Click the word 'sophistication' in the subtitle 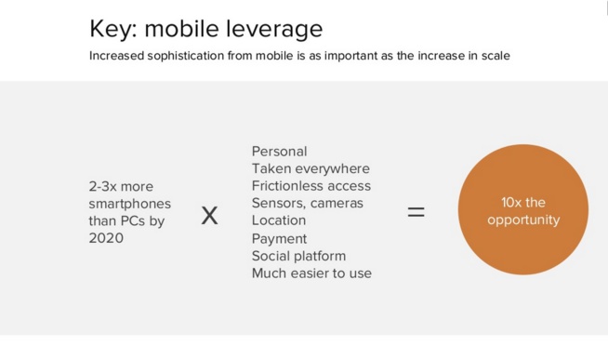click(188, 56)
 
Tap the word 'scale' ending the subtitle click(493, 56)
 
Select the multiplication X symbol click(209, 216)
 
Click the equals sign click(416, 212)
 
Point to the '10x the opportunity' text click(522, 211)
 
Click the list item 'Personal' click(279, 151)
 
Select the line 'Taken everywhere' click(311, 168)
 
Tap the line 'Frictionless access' click(311, 185)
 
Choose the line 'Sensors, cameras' click(307, 203)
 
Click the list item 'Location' click(278, 220)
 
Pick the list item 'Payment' click(279, 238)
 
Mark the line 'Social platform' click(298, 256)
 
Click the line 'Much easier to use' click(311, 273)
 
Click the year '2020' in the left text click(106, 238)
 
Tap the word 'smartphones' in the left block click(128, 203)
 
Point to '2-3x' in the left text click(104, 186)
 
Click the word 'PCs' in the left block click(134, 220)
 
